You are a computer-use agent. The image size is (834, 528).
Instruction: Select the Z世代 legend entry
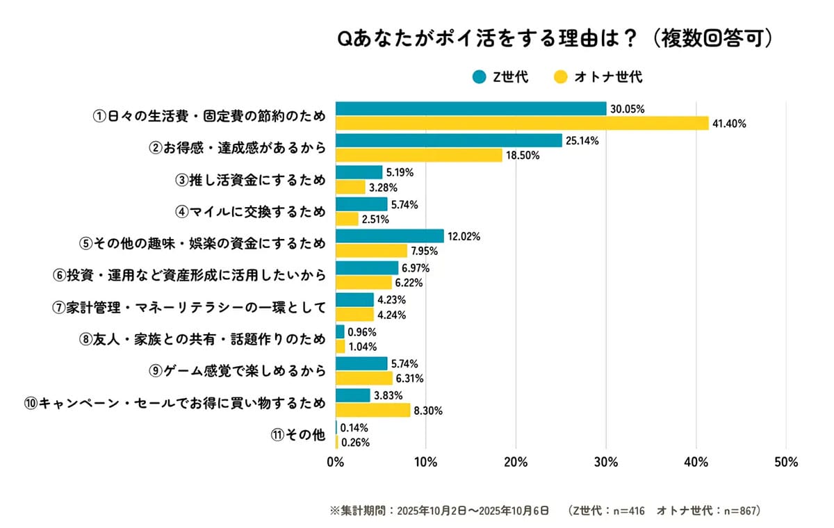tap(500, 77)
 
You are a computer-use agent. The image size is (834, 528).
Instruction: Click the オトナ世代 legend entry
tap(597, 77)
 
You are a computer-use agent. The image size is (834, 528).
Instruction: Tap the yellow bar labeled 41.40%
tap(522, 124)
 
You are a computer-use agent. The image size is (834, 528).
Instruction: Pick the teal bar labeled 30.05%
tap(471, 109)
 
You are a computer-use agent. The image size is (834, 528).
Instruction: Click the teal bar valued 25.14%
tap(448, 140)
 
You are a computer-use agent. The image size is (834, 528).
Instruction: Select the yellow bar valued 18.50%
tap(418, 156)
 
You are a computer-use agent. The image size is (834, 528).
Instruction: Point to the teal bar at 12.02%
tap(389, 236)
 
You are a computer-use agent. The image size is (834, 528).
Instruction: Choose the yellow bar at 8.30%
tap(373, 411)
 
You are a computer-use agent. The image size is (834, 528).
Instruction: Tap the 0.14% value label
tap(354, 428)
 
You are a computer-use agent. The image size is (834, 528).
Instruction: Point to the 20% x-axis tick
tap(515, 462)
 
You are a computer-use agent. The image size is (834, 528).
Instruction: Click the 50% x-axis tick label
tap(785, 462)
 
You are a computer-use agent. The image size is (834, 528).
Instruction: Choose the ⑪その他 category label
tap(297, 435)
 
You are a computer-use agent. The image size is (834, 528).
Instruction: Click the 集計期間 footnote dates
tap(473, 511)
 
